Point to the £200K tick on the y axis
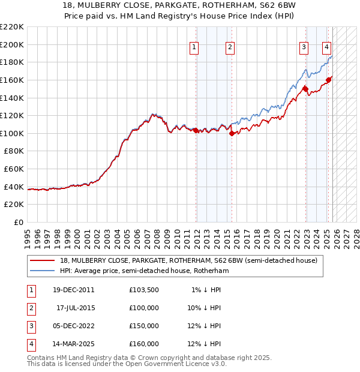point(12,44)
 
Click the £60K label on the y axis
point(14,169)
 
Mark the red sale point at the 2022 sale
point(305,89)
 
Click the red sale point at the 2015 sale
point(232,133)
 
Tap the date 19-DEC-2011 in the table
point(73,290)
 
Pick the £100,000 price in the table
point(144,308)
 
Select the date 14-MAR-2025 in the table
point(73,344)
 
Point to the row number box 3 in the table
point(30,326)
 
